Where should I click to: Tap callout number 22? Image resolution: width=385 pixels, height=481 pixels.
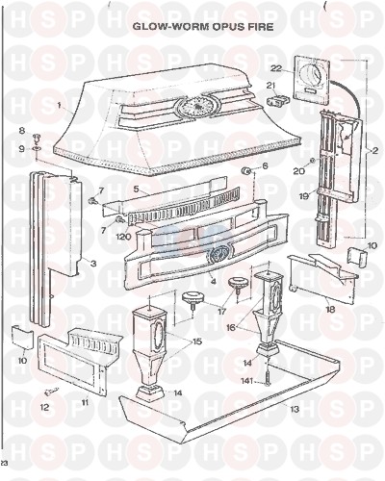pyautogui.click(x=276, y=68)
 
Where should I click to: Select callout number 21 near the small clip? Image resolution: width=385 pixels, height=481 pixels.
pyautogui.click(x=271, y=86)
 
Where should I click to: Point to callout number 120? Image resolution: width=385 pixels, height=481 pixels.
pyautogui.click(x=123, y=237)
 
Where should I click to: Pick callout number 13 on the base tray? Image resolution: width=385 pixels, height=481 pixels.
pyautogui.click(x=295, y=409)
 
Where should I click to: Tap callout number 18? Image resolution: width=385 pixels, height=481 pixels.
pyautogui.click(x=330, y=309)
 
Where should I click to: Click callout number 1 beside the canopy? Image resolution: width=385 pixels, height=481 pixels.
pyautogui.click(x=59, y=105)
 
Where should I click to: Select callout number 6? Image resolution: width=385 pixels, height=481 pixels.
pyautogui.click(x=265, y=165)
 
